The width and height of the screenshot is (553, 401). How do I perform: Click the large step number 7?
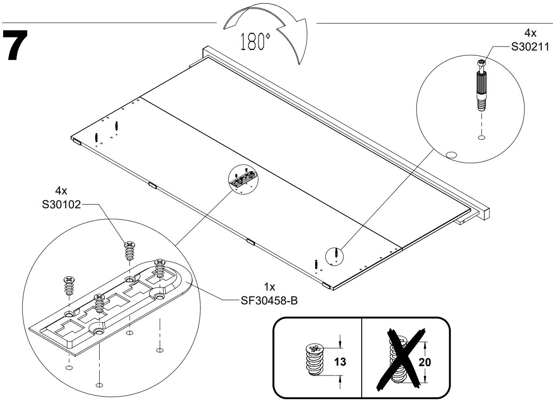point(16,46)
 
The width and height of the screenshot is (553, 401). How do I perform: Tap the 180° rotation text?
point(255,42)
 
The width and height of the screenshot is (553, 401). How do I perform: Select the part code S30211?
point(530,47)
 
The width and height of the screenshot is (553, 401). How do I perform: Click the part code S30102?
point(61,205)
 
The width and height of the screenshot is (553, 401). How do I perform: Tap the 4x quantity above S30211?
point(530,33)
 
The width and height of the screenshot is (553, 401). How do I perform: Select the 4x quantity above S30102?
point(61,191)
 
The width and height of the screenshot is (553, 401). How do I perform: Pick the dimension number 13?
point(340,362)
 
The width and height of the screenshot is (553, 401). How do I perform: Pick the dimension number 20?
point(425,362)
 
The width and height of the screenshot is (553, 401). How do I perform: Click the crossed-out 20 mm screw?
point(399,360)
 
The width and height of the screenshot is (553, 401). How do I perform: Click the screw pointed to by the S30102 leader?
point(130,251)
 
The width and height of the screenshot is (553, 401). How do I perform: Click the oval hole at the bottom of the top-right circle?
point(451,155)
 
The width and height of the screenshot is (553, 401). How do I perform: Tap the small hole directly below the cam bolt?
point(481,137)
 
